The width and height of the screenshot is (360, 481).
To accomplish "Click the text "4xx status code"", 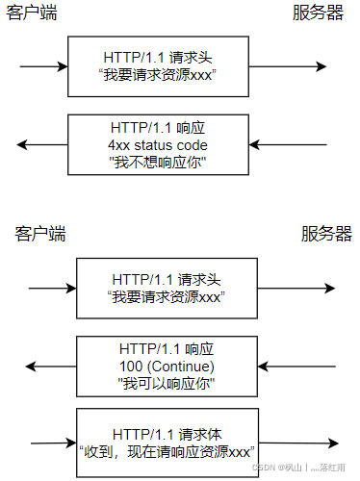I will pyautogui.click(x=158, y=144).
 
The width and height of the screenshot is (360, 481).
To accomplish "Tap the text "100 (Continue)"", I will pyautogui.click(x=167, y=367).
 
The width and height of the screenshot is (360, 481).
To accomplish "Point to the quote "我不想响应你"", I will pyautogui.click(x=158, y=161).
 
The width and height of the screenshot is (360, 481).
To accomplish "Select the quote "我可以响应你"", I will pyautogui.click(x=167, y=383).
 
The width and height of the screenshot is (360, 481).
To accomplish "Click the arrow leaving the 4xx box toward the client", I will pyautogui.click(x=42, y=144).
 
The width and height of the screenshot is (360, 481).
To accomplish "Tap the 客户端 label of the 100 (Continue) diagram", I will pyautogui.click(x=40, y=234).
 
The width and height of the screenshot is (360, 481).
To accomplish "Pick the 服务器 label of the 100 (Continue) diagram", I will pyautogui.click(x=326, y=234).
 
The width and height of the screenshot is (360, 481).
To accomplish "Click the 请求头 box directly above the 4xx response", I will pyautogui.click(x=158, y=66).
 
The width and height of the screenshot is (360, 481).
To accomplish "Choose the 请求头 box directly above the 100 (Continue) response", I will pyautogui.click(x=167, y=289).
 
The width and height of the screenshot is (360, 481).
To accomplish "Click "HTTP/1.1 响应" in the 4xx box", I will pyautogui.click(x=158, y=128).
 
